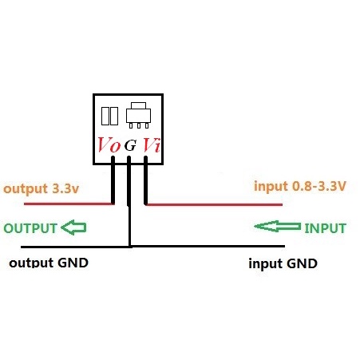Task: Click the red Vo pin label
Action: (109, 145)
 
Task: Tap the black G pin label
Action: (130, 145)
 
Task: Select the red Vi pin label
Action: (152, 145)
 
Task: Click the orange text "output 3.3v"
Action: (42, 189)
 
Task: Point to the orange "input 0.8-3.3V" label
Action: (300, 186)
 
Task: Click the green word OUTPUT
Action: (30, 228)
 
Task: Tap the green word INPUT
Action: (325, 228)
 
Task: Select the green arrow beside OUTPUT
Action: (73, 227)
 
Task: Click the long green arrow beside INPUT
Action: (278, 227)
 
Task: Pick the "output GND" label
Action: (49, 263)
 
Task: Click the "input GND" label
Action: (283, 263)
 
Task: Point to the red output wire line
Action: (68, 204)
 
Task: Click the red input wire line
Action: (214, 204)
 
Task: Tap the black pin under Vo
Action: (113, 180)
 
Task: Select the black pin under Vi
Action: (145, 180)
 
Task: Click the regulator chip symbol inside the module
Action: (138, 115)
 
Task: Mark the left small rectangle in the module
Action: (105, 116)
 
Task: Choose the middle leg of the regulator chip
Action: (139, 125)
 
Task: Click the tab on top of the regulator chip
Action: (138, 105)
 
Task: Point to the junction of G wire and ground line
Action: (129, 247)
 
